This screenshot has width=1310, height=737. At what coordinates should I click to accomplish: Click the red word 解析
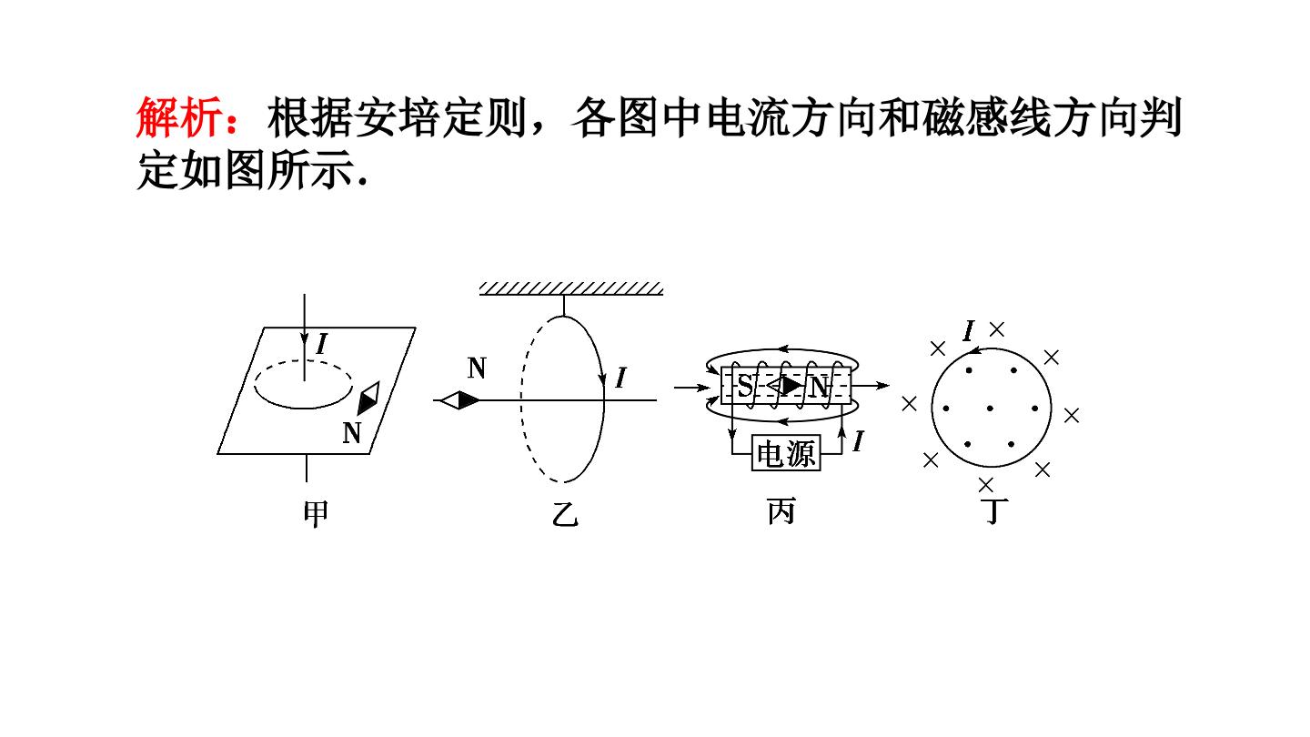click(x=179, y=118)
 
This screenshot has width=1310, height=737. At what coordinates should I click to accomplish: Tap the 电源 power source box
click(x=786, y=453)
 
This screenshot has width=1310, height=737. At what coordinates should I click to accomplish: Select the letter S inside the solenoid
click(x=744, y=386)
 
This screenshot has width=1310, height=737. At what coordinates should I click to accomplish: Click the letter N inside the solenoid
click(x=819, y=387)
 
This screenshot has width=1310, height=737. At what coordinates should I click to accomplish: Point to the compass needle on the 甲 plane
click(x=368, y=399)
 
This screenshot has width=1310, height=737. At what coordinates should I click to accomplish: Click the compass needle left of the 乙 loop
click(x=460, y=400)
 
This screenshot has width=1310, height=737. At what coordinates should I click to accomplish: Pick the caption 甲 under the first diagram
click(x=316, y=514)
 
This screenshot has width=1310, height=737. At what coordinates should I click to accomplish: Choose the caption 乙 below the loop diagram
click(x=565, y=514)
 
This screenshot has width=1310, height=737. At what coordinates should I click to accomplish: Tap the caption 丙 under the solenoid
click(x=781, y=511)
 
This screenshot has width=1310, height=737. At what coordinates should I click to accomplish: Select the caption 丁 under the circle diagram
click(x=994, y=511)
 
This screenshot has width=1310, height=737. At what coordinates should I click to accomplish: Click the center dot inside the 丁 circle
click(x=990, y=409)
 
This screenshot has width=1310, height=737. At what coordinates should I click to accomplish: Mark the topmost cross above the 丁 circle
click(x=996, y=329)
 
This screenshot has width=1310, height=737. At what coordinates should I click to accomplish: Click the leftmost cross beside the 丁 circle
click(x=909, y=404)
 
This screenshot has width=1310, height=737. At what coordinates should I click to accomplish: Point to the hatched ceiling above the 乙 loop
click(x=570, y=288)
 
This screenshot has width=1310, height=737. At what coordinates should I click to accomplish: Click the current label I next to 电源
click(x=859, y=441)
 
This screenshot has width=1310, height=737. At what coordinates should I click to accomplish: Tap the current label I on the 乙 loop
click(x=621, y=378)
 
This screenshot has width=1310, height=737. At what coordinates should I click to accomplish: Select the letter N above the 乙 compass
click(x=478, y=368)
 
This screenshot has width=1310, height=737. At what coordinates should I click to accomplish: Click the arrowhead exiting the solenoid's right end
click(x=882, y=386)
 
